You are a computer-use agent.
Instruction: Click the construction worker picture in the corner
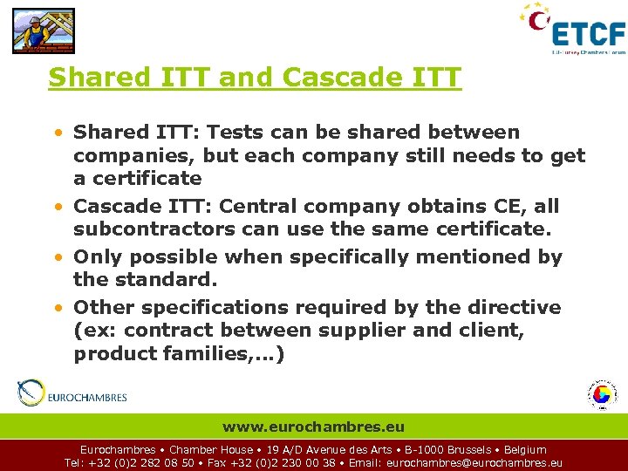(x=43, y=31)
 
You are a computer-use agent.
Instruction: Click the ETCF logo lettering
(x=589, y=34)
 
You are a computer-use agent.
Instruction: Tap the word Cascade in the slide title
(x=342, y=78)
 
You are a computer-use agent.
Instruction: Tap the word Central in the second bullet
(x=258, y=207)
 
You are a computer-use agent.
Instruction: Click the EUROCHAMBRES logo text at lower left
(x=86, y=397)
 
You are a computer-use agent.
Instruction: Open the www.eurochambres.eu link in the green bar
(x=313, y=427)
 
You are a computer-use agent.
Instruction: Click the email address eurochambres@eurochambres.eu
(x=474, y=463)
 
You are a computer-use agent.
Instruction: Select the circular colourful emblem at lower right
(x=600, y=394)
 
